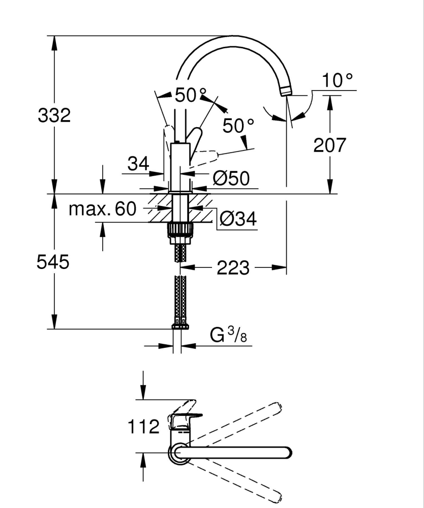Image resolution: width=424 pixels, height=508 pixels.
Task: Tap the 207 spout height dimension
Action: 329,145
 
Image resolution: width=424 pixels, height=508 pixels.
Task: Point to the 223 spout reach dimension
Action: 233,267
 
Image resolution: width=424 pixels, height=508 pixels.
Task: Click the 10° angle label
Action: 337,80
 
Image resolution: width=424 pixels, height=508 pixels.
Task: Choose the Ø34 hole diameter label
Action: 237,219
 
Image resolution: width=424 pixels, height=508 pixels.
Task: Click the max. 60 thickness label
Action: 103,208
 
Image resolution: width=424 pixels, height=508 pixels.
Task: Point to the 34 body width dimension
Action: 138,164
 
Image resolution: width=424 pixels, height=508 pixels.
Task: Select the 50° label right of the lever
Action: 238,126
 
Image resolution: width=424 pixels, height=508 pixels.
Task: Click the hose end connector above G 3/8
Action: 179,326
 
